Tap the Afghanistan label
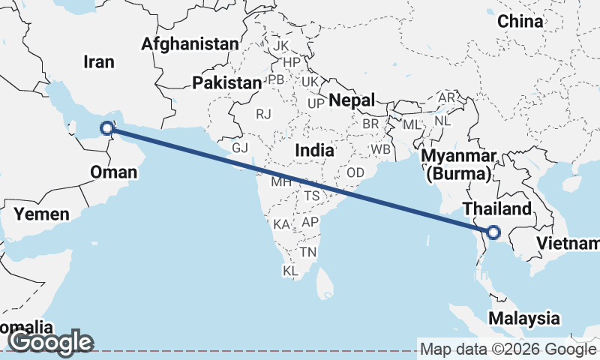coord(190,43)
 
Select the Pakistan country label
coord(226,82)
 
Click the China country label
coord(520,21)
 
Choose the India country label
coord(314,150)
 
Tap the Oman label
coord(113,172)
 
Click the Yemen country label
coord(42,214)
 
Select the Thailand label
coord(496,208)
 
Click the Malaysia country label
coord(524,318)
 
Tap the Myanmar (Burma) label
coord(460,165)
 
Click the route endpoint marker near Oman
coord(106,128)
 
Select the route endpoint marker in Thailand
coord(493,232)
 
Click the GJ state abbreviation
coord(239,148)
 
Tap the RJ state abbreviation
coord(263,114)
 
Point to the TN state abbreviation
coord(307,252)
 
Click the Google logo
coord(51,342)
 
